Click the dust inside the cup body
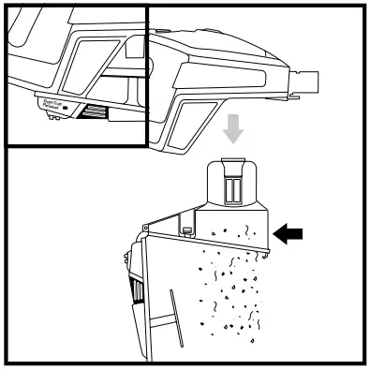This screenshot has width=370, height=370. coord(234,229)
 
